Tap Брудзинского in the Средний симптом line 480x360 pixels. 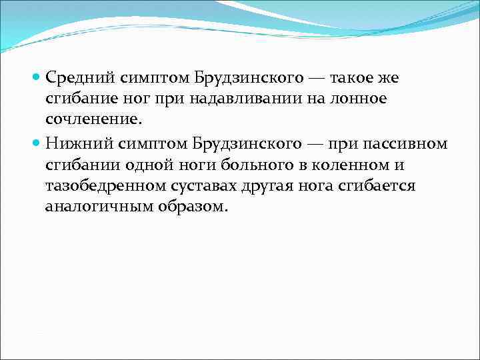[246, 77]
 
